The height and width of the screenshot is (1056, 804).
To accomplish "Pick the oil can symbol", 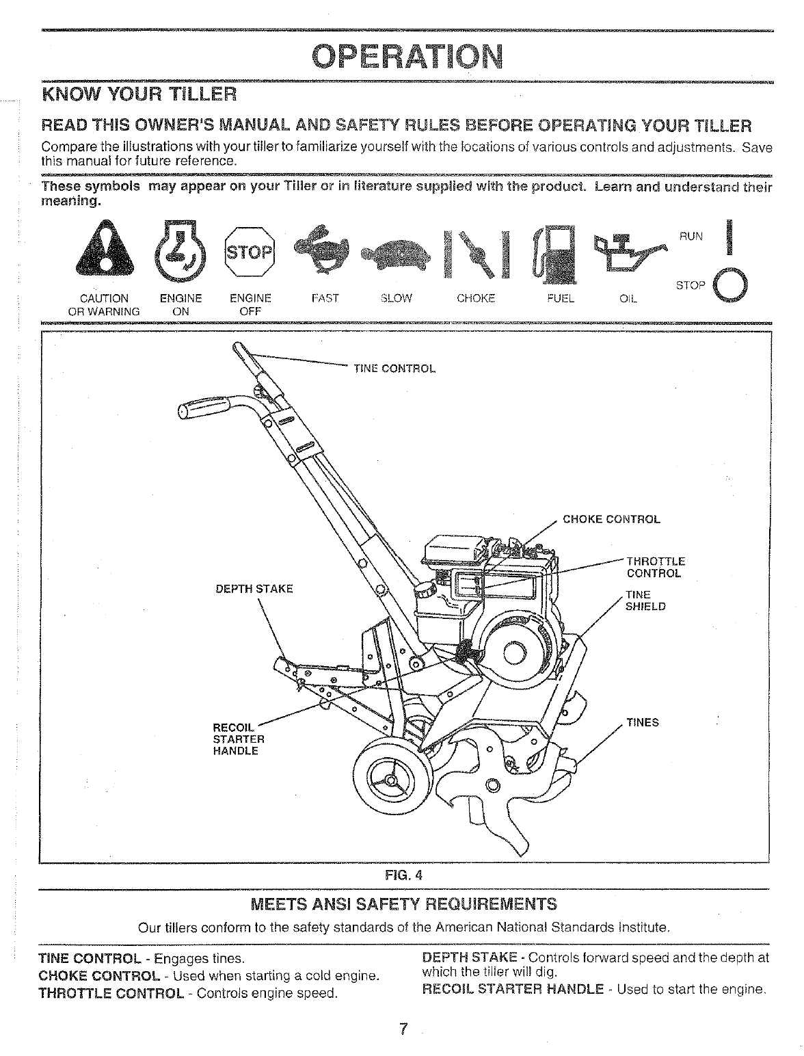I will (x=627, y=251).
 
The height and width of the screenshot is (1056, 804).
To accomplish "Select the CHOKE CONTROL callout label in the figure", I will (x=611, y=519).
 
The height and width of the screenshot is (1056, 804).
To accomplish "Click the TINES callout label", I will (x=643, y=722).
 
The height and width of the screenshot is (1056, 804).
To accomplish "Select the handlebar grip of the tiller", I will (x=203, y=410).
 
